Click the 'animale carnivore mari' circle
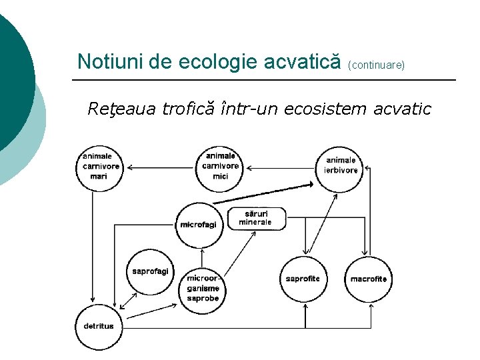pyautogui.click(x=100, y=167)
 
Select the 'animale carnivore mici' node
pyautogui.click(x=221, y=166)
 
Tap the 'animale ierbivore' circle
pyautogui.click(x=341, y=166)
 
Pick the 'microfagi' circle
pyautogui.click(x=198, y=225)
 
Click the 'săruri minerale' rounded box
pyautogui.click(x=257, y=218)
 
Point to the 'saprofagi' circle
pyautogui.click(x=150, y=271)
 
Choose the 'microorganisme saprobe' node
pyautogui.click(x=203, y=289)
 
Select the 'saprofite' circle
pyautogui.click(x=303, y=279)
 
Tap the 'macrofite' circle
pyautogui.click(x=369, y=279)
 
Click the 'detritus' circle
pyautogui.click(x=99, y=326)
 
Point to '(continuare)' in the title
pyautogui.click(x=377, y=66)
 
